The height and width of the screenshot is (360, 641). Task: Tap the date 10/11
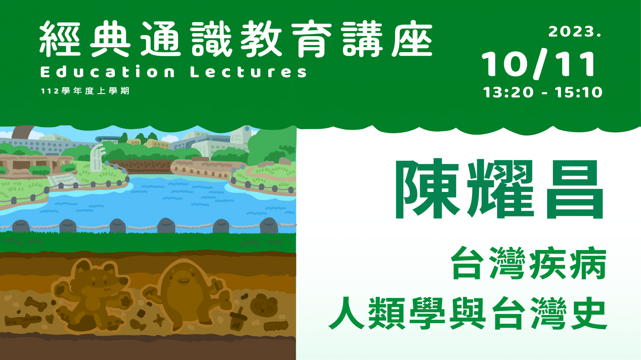click(x=539, y=64)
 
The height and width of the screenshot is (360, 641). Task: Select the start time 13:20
click(x=508, y=93)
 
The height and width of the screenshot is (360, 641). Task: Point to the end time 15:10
click(x=579, y=93)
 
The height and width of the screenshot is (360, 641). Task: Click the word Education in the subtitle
click(x=108, y=72)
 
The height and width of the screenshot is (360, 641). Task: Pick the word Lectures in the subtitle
click(x=248, y=72)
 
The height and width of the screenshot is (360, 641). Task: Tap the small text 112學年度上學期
click(x=85, y=91)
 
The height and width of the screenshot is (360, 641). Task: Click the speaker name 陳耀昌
click(x=499, y=189)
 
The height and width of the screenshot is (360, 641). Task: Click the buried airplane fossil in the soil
click(x=23, y=321)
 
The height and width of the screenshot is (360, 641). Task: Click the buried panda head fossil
click(x=264, y=305)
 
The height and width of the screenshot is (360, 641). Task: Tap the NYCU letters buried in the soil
click(x=276, y=326)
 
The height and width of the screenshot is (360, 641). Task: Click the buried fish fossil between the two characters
click(x=138, y=324)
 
